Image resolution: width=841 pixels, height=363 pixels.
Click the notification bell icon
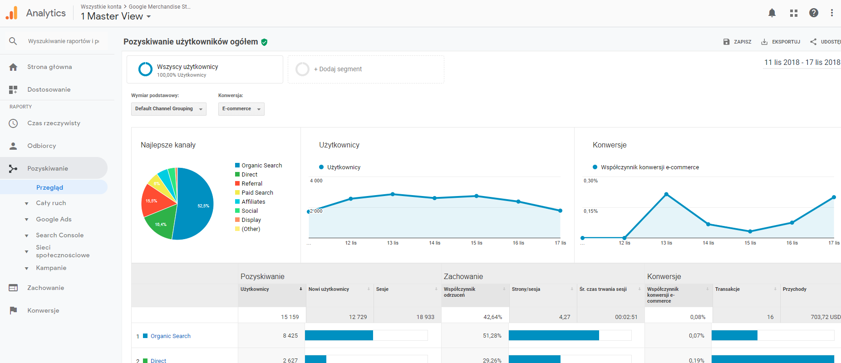(x=772, y=13)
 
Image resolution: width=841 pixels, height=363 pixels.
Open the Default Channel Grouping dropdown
(x=168, y=109)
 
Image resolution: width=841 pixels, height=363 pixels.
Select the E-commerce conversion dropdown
(x=241, y=109)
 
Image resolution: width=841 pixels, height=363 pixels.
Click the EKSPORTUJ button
(x=781, y=42)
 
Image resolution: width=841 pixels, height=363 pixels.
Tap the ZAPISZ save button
(x=737, y=42)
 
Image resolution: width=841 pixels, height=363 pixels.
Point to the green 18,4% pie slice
(x=160, y=223)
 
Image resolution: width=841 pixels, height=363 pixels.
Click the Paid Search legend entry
(x=257, y=193)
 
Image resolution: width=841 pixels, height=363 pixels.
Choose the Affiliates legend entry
(x=253, y=202)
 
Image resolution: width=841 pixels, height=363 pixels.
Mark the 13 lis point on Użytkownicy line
(x=393, y=194)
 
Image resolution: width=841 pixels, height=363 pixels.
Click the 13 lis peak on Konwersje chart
(x=666, y=194)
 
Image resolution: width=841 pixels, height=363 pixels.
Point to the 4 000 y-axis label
(x=316, y=181)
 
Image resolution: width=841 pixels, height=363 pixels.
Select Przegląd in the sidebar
(x=49, y=187)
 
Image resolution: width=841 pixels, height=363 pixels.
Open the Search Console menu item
(x=59, y=235)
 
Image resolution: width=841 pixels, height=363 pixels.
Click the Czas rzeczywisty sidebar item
(x=54, y=123)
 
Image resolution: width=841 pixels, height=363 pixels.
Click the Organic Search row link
(x=170, y=336)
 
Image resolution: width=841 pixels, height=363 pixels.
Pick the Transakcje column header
(x=727, y=289)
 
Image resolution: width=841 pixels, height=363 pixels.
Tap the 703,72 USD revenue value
(x=825, y=317)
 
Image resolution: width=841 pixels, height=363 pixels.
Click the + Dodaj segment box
(x=365, y=69)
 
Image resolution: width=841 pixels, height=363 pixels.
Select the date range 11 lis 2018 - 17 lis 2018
(x=802, y=62)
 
